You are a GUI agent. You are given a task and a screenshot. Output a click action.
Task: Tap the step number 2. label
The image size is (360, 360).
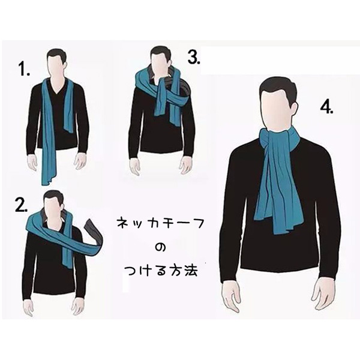21,205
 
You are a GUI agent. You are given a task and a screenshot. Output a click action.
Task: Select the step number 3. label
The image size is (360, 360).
194,57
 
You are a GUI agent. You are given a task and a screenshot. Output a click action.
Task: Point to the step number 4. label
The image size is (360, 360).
326,107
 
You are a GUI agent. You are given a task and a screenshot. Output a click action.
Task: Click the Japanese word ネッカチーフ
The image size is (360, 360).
160,223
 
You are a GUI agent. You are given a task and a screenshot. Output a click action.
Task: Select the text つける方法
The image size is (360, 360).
161,271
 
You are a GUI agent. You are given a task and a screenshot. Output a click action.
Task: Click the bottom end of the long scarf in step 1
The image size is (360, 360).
49,179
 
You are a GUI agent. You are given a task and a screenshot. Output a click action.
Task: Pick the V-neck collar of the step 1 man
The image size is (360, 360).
58,87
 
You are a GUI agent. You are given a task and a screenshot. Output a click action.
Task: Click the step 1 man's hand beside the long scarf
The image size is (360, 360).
33,163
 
